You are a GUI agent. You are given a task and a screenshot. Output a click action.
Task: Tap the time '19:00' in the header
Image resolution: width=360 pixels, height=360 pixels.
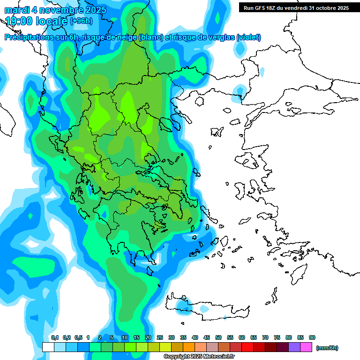pos(20,21)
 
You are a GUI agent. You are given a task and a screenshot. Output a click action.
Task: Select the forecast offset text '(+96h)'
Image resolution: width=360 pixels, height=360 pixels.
pos(81,21)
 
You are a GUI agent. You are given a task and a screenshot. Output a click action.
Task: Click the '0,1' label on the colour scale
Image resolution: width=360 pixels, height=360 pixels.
pos(54,338)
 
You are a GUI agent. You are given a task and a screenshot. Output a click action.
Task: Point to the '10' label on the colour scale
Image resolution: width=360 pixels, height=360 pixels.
pos(125,338)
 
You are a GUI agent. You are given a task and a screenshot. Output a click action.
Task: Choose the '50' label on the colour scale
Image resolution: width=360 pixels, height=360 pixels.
pos(218,338)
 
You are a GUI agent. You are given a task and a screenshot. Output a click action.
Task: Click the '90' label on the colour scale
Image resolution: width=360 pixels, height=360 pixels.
pos(312,338)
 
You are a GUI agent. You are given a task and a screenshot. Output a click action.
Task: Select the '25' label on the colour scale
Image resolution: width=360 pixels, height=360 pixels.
pos(160,338)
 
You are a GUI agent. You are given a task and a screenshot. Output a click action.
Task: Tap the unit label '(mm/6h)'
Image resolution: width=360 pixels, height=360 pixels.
pos(327,348)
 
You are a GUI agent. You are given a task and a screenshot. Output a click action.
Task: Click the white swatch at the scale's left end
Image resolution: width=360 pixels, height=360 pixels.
pos(48,347)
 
